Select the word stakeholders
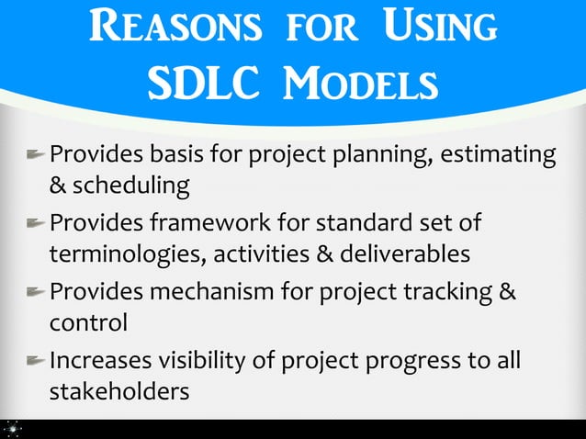click(x=118, y=391)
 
